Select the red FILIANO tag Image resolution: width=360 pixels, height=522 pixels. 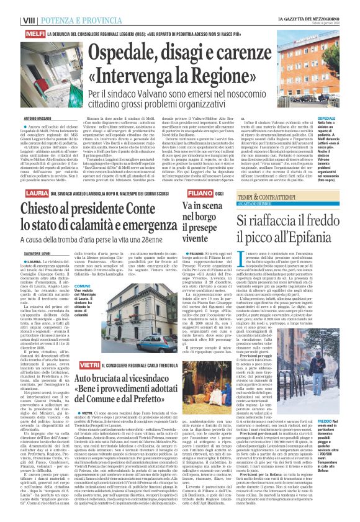(x=196, y=177)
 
